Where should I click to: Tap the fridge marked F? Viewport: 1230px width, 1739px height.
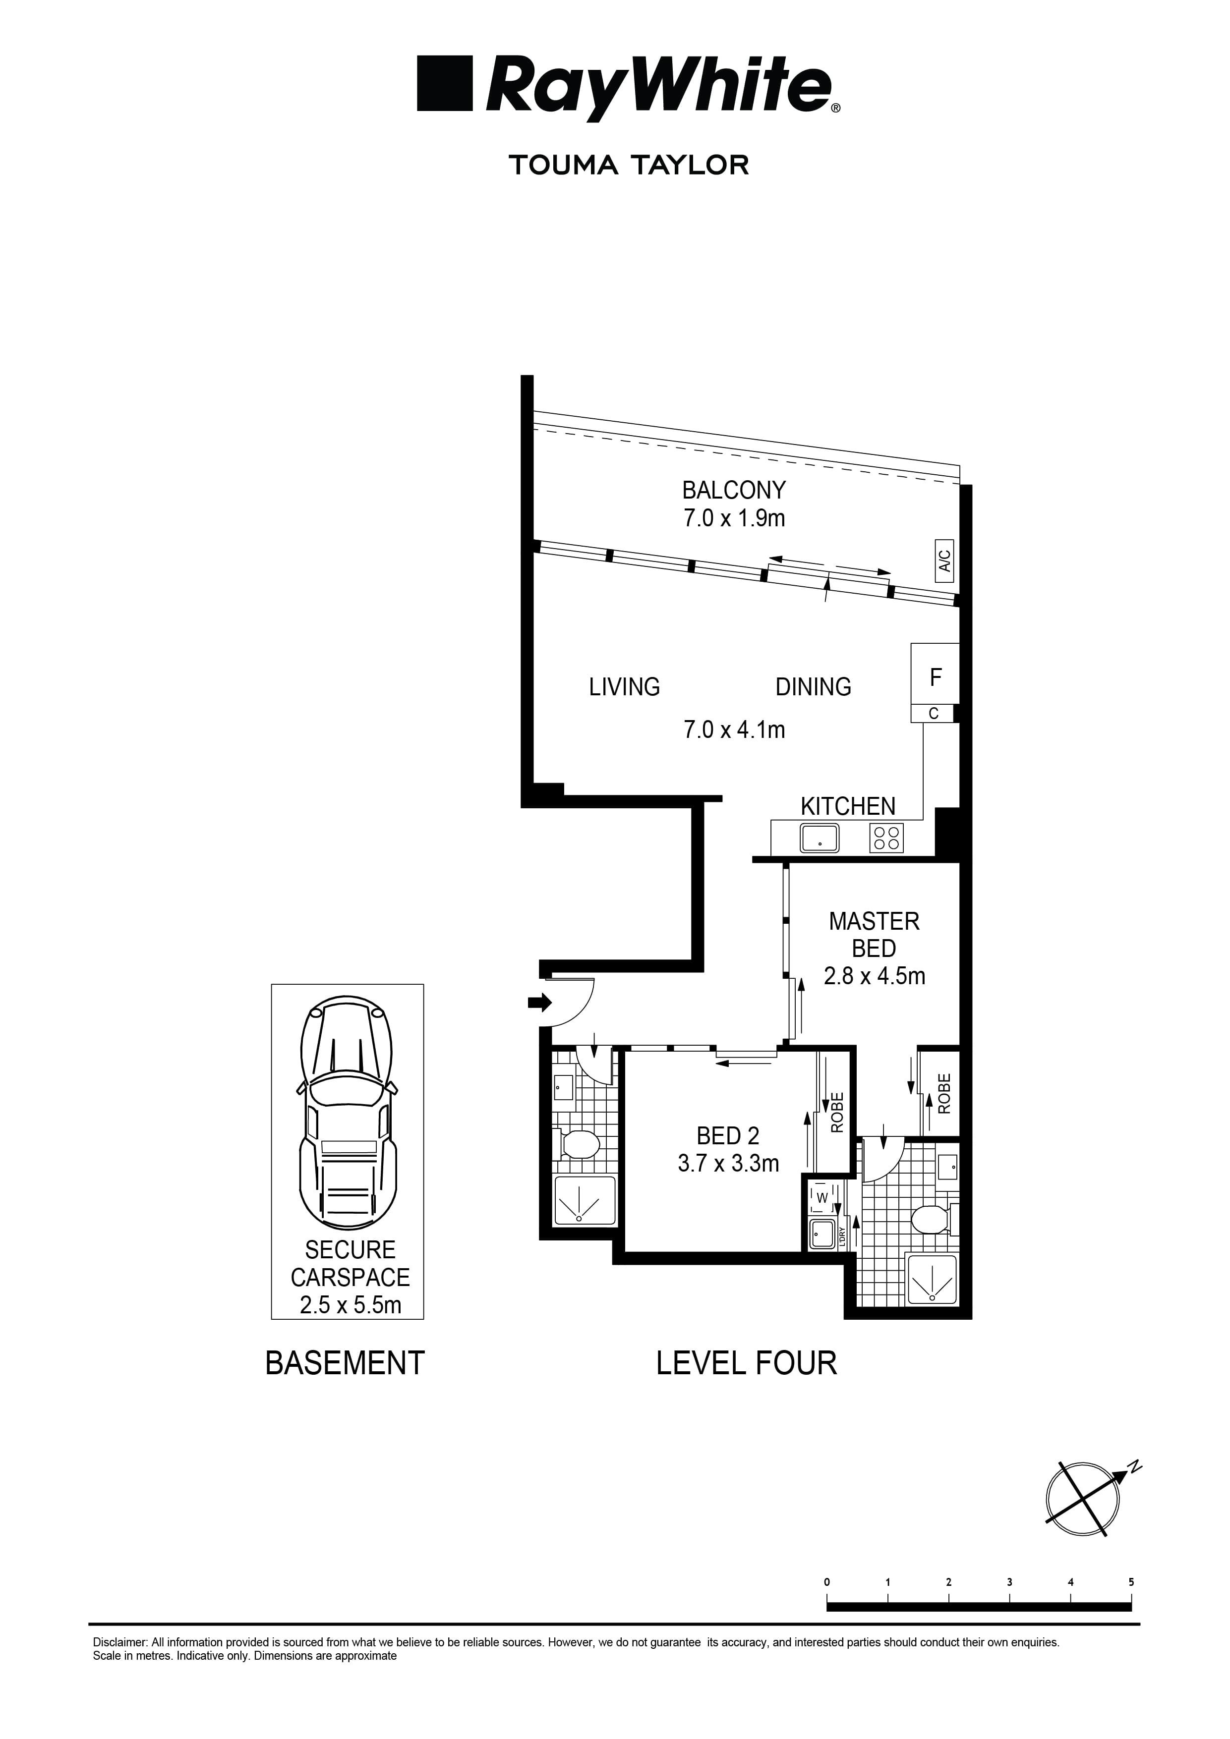935,677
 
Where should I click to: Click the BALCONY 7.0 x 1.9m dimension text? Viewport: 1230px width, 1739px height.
734,518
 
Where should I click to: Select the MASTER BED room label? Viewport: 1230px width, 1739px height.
874,935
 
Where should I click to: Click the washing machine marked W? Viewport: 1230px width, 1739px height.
821,1197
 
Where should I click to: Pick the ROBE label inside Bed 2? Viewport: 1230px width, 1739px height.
837,1112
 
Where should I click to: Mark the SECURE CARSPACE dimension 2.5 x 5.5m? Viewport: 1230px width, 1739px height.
350,1305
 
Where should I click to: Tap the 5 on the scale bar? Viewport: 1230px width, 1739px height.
1131,1582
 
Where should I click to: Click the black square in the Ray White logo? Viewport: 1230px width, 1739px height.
445,83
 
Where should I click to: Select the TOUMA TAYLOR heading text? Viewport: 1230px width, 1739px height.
629,165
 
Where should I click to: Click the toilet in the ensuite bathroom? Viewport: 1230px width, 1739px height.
931,1220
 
